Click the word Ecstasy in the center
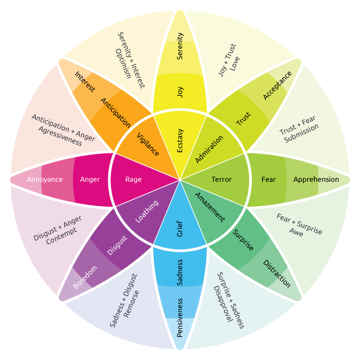pos(180,140)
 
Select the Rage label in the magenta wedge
pos(134,180)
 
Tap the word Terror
pos(221,180)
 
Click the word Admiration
pos(209,149)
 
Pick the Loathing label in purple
pos(147,212)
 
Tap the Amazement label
pos(210,207)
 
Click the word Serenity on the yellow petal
pos(180,46)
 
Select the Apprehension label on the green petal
pos(316,180)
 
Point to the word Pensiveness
pos(180,317)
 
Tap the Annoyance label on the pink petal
pos(45,180)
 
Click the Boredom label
pos(85,277)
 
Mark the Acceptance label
pos(277,85)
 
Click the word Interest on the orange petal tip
pos(85,82)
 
